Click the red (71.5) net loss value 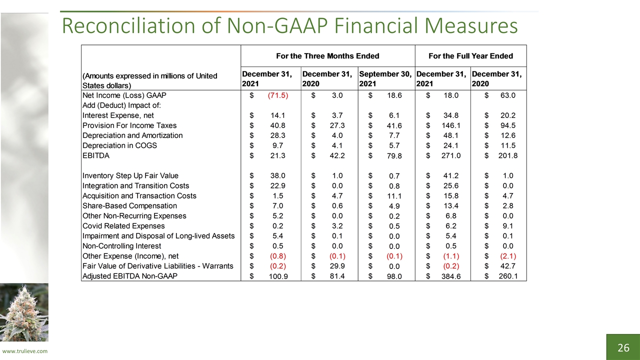(x=277, y=95)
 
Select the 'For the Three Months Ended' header (x=327, y=56)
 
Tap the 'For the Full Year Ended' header (x=470, y=56)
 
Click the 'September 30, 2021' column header (x=385, y=79)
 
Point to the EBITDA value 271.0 (x=451, y=155)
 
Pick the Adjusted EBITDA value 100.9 (x=278, y=276)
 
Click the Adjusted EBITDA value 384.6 (x=451, y=276)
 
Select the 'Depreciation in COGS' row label (x=119, y=145)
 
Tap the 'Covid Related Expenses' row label (x=123, y=226)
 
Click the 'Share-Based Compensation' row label (x=129, y=205)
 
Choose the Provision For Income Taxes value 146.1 (x=451, y=125)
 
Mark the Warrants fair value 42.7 (x=507, y=266)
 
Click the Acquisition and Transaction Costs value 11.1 (x=394, y=196)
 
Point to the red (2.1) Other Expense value (x=508, y=256)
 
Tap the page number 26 (x=623, y=347)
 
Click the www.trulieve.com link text (x=25, y=351)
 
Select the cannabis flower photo (x=24, y=312)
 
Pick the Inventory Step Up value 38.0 (x=277, y=175)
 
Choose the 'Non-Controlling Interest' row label (x=121, y=246)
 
